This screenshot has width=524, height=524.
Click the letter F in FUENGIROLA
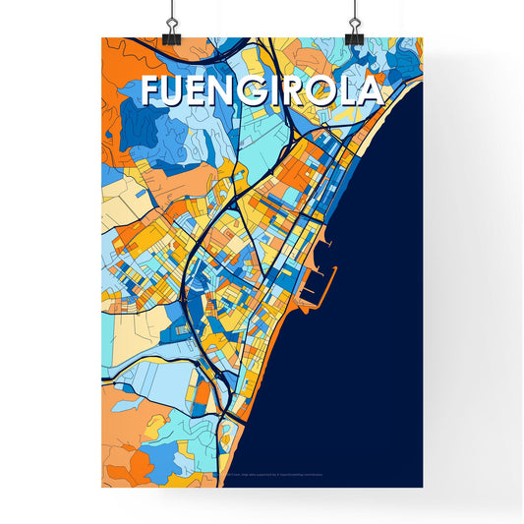151,90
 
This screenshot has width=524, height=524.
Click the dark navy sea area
374,324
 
